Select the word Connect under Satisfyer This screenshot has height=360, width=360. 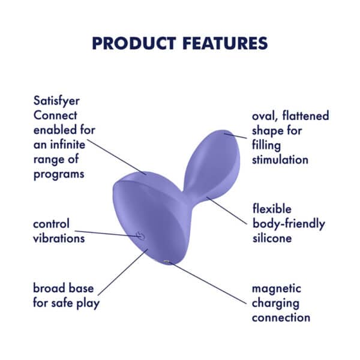(55, 115)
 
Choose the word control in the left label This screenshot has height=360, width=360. (52, 224)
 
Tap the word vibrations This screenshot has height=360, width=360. (59, 238)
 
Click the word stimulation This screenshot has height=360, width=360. (280, 160)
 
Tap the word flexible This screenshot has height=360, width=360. (272, 209)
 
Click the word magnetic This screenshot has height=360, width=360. (277, 289)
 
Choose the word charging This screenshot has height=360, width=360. (275, 303)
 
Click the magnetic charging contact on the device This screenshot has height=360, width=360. (167, 262)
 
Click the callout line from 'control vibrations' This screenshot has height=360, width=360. (108, 233)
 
